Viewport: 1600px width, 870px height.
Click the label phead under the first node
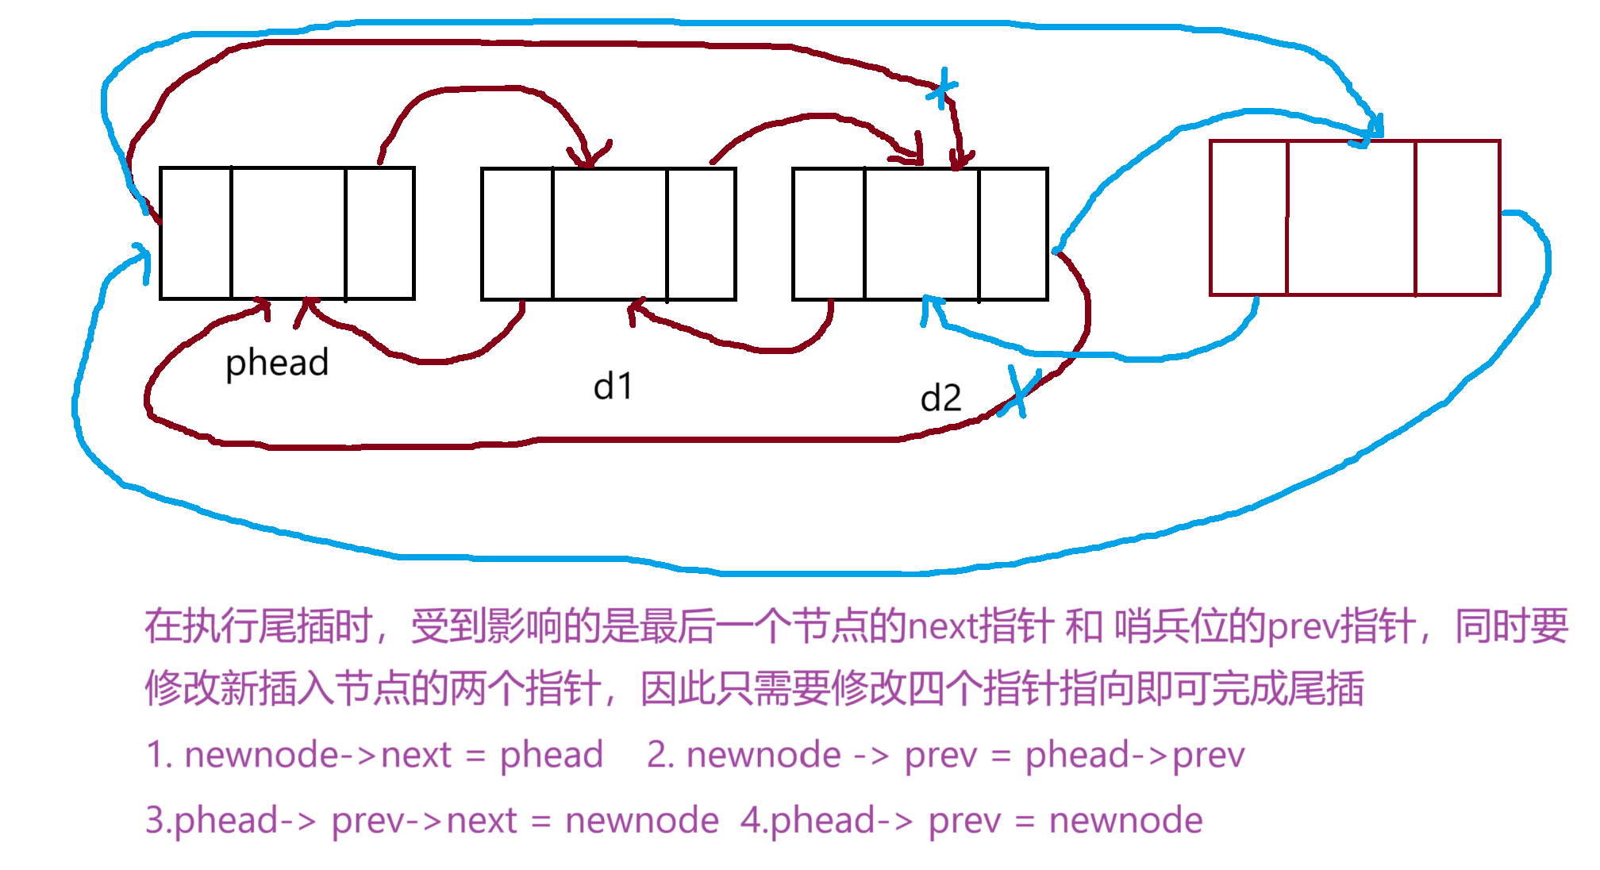276,363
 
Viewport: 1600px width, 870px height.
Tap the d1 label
613,387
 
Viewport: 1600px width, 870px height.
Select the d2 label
940,398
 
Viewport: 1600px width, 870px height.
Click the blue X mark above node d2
942,88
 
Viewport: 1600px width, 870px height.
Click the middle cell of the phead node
288,233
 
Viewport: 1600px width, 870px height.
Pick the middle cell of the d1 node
610,233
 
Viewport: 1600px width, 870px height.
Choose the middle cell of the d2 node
921,233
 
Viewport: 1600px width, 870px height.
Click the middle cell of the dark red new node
1351,218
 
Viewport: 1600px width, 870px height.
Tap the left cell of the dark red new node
1248,218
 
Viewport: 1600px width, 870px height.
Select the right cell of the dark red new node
1457,218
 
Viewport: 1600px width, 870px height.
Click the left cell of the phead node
196,233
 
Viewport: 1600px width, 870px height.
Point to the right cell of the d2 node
1013,233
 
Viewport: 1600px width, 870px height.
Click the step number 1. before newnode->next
160,755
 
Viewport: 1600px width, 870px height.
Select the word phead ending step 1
551,755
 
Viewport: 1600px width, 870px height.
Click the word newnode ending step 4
1125,820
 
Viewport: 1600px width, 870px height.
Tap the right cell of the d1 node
701,233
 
